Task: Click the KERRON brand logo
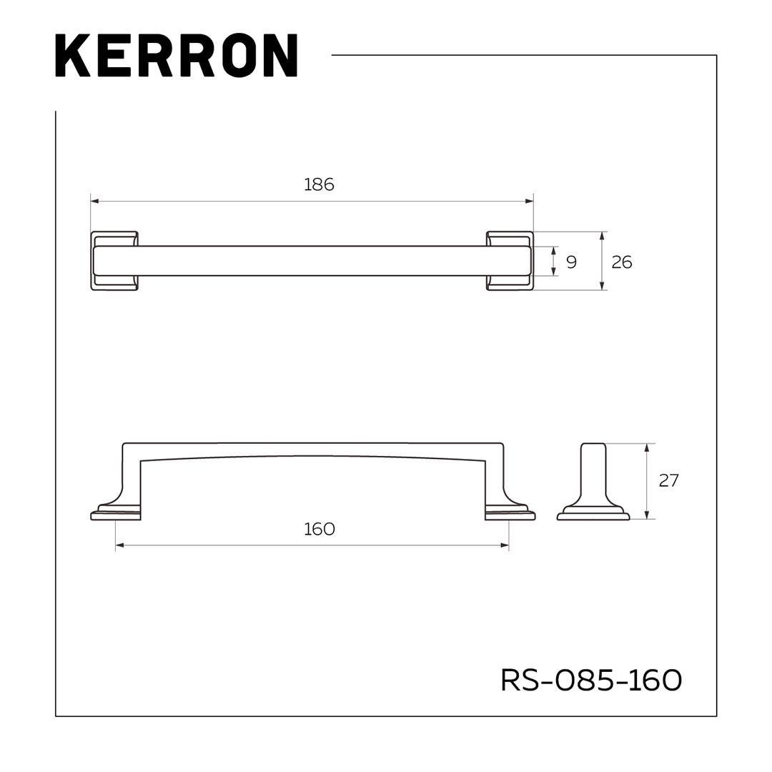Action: pos(176,55)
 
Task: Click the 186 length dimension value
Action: pos(319,184)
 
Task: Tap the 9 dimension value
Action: pos(571,262)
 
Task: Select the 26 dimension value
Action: pos(622,262)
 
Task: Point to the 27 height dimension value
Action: pos(668,480)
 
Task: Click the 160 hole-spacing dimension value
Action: pos(319,529)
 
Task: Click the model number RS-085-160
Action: pos(591,680)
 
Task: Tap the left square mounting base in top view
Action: pos(114,261)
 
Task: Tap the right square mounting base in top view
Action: pos(510,261)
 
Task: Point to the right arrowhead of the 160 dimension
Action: pos(505,545)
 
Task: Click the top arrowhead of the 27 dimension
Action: pos(647,447)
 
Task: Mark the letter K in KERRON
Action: pos(72,55)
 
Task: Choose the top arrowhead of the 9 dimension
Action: pos(554,250)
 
